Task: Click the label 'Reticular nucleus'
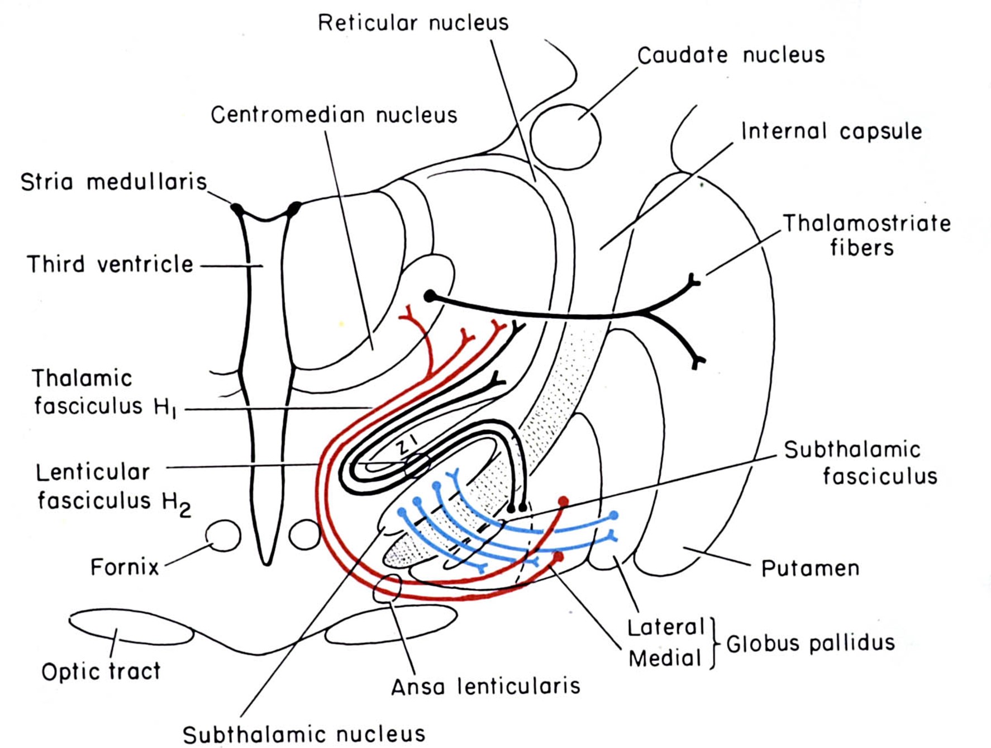coord(413,23)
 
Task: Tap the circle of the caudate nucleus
coord(565,136)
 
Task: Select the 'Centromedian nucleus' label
coord(333,115)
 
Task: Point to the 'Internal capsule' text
coord(831,131)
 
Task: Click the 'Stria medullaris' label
coord(113,182)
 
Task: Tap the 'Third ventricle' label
coord(110,264)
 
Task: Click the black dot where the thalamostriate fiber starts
coord(430,296)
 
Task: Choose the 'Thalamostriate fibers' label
coord(865,235)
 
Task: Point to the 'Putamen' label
coord(809,569)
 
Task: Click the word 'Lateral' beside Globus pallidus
coord(666,627)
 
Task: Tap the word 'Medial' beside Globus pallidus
coord(664,659)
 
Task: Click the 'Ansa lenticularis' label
coord(485,687)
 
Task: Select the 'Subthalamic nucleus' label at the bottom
coord(304,734)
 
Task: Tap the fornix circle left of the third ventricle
coord(224,536)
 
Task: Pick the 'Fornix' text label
coord(125,567)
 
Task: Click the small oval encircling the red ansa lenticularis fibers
coord(387,589)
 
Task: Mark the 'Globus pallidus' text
coord(810,643)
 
